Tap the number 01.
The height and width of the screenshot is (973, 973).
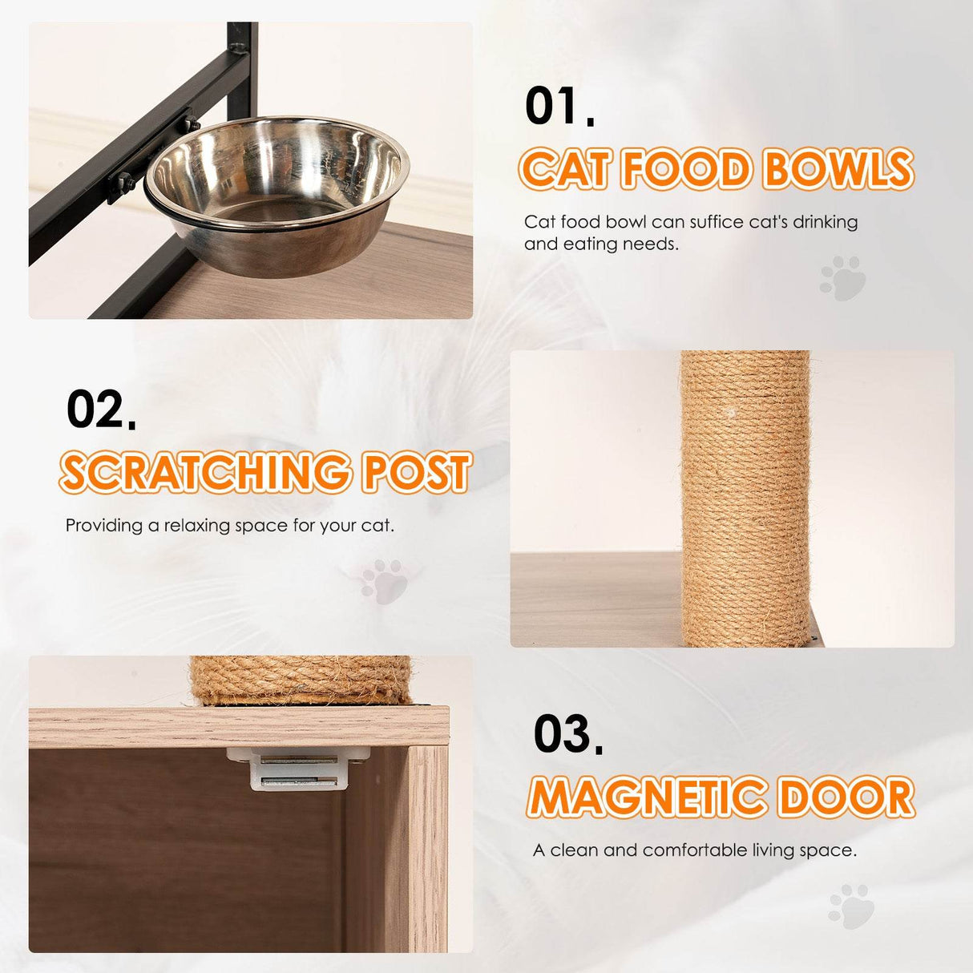(559, 107)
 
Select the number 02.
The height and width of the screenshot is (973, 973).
(101, 410)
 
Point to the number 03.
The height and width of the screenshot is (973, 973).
(568, 734)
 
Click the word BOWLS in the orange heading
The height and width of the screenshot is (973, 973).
(838, 170)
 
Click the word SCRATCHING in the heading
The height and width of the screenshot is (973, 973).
(205, 473)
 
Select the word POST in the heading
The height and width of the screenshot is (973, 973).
(416, 473)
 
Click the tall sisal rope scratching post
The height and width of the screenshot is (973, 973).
(745, 497)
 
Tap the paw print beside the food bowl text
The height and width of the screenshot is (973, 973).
(843, 278)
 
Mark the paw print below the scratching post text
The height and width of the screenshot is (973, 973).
(384, 581)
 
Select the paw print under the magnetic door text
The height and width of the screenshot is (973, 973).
(851, 906)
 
